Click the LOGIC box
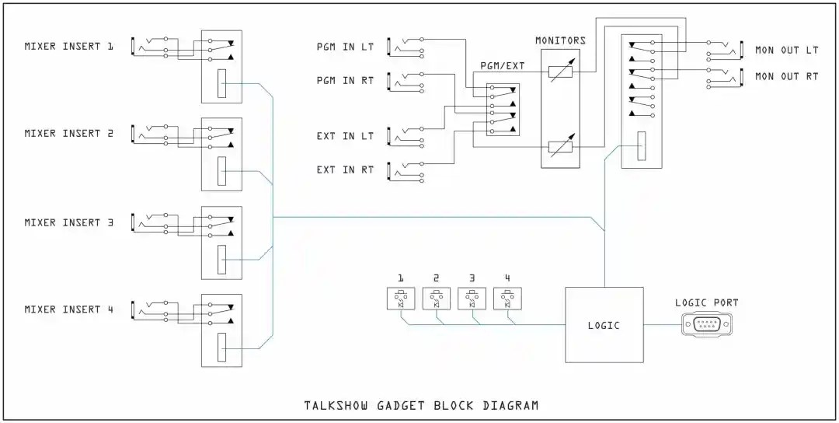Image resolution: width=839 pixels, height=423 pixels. click(604, 325)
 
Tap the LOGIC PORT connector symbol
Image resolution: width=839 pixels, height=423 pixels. click(706, 324)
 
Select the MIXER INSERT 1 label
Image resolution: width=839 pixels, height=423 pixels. click(68, 46)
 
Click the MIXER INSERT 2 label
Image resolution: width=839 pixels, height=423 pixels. click(68, 134)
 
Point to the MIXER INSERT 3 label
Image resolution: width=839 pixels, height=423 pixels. click(68, 222)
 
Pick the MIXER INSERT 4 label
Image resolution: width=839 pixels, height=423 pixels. click(68, 309)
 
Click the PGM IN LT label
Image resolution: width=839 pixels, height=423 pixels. click(345, 47)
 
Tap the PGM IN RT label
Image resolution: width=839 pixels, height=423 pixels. click(345, 80)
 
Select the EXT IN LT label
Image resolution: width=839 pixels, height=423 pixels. click(345, 136)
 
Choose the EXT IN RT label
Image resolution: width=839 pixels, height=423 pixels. click(345, 170)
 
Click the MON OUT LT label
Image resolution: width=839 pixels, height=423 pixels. click(787, 50)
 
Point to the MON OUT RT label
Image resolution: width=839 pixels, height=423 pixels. click(787, 76)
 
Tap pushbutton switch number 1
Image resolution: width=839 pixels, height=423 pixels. click(401, 299)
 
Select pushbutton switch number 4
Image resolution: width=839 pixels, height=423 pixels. click(507, 299)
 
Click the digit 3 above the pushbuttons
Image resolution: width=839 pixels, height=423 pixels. click(472, 278)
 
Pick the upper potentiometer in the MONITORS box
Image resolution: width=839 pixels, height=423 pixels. click(561, 72)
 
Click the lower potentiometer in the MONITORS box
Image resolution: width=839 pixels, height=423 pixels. click(561, 146)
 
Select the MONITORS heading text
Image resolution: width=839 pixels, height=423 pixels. click(560, 40)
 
